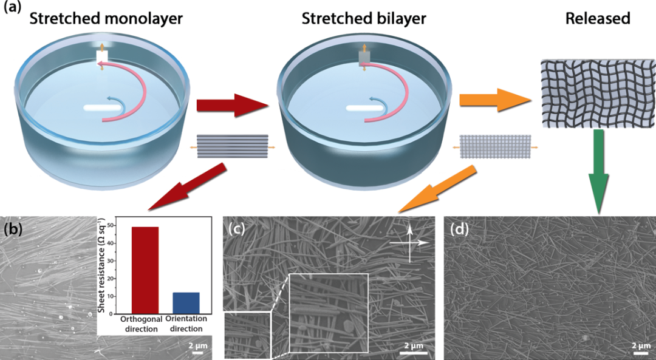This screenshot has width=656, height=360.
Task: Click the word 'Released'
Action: click(598, 18)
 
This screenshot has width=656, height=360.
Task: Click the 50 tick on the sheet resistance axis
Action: click(111, 226)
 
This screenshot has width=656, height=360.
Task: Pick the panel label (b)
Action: click(14, 229)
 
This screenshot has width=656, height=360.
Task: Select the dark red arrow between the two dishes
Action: click(233, 107)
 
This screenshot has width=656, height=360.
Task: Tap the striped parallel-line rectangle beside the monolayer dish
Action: click(233, 147)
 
